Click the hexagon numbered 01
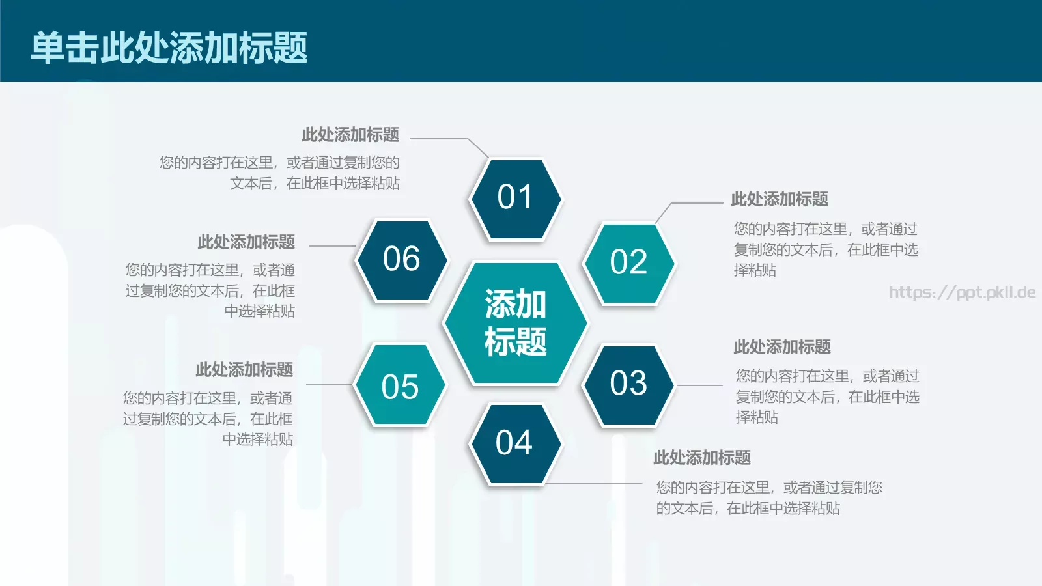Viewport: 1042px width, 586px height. click(515, 199)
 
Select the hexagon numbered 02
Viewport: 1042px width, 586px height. click(628, 263)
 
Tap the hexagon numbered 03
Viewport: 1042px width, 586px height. click(628, 384)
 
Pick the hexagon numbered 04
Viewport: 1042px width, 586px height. click(514, 444)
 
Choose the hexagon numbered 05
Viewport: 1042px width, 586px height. click(400, 386)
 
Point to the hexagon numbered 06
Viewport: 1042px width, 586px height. click(402, 260)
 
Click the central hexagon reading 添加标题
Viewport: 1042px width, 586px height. click(515, 323)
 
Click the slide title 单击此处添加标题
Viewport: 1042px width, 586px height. click(169, 48)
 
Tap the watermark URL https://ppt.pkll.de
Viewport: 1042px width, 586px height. click(962, 292)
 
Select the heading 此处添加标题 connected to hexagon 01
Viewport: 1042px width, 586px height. click(350, 135)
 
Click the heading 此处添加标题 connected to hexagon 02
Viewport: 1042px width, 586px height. click(780, 199)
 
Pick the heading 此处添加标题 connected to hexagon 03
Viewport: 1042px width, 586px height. click(782, 347)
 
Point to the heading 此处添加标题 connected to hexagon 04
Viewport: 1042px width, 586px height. click(702, 458)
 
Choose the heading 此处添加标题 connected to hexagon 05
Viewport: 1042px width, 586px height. click(244, 370)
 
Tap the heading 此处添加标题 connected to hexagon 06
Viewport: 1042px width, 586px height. click(246, 242)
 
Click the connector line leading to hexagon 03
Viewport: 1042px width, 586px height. click(700, 385)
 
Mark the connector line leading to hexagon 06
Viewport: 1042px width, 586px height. click(332, 246)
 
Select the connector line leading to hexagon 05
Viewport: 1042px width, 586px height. click(330, 384)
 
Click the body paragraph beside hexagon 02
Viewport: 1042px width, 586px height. click(826, 249)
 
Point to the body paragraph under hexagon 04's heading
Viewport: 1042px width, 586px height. click(769, 498)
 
